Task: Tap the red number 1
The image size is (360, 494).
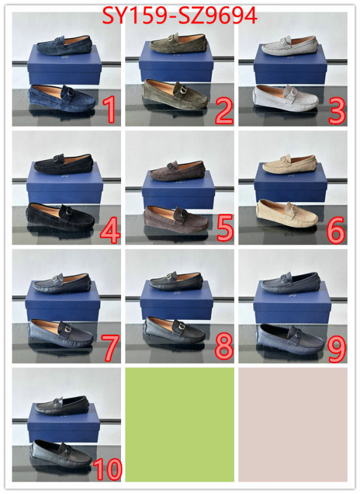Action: coord(110,109)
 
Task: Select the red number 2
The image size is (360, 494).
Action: coord(224,111)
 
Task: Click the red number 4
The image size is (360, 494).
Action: coord(110,231)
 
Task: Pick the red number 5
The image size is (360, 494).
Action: coord(225,227)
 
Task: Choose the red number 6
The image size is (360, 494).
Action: coord(336,231)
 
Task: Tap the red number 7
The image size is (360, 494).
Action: coord(110,348)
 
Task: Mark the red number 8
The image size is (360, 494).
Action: coord(224,346)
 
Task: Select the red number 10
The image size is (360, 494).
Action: coord(107,469)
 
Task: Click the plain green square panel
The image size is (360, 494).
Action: coord(180,424)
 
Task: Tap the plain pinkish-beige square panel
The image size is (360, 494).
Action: coord(293,424)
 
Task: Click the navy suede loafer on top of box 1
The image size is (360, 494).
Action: coord(64,46)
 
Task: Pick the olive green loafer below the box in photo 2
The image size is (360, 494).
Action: coord(175,94)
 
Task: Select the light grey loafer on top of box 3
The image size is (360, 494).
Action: coord(290,46)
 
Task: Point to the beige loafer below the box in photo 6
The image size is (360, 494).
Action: coord(287,213)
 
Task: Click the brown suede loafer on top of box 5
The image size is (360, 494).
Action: coord(177,171)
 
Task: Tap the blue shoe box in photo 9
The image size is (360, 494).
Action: coord(292,302)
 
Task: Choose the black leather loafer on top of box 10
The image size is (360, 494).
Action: coord(62,406)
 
